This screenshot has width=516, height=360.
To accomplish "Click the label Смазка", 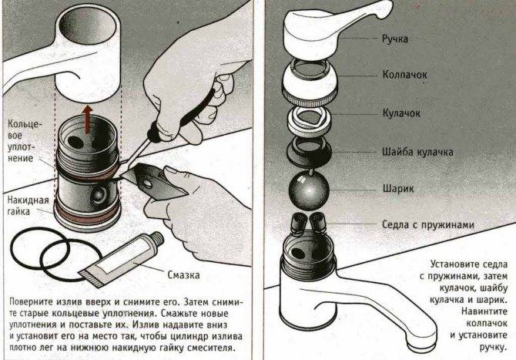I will point(186,273).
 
